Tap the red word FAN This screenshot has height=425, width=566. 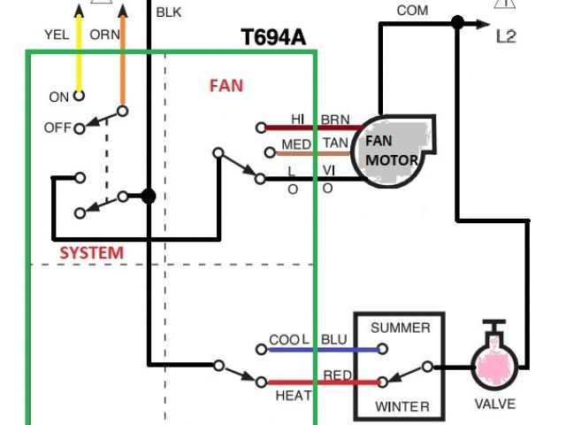pos(226,86)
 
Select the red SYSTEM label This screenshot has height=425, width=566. pos(91,252)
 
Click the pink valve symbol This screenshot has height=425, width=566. pos(493,365)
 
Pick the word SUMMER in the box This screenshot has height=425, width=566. pos(400,328)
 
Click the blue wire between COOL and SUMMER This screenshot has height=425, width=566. pos(323,350)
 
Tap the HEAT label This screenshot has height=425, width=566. pos(293,396)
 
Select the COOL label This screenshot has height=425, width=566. pos(289,340)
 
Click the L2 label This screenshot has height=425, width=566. pos(506,37)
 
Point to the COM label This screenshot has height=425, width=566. pos(412,11)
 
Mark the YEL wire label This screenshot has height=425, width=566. pos(56,35)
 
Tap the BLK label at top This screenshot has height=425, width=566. pos(168,13)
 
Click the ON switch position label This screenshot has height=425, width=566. pos(59,97)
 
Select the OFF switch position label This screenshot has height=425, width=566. pos(57,128)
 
